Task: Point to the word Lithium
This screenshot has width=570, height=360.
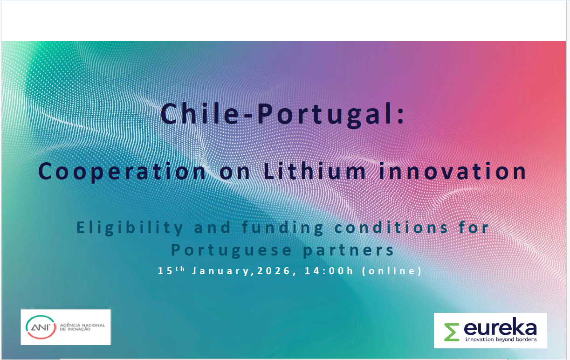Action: (315, 171)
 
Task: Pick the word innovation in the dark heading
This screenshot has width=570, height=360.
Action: (453, 171)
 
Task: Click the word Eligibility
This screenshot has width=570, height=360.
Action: (130, 228)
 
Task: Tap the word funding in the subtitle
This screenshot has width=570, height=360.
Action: (282, 228)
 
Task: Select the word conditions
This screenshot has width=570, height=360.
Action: (391, 227)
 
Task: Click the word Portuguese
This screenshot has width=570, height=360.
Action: (231, 250)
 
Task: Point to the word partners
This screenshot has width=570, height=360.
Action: (348, 250)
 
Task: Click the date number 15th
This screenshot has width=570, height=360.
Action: (171, 270)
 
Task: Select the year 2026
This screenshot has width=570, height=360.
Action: (273, 270)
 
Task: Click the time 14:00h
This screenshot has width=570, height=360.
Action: (329, 270)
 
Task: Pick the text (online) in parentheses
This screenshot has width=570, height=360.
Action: (392, 271)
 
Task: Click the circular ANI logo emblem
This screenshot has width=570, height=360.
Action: (41, 327)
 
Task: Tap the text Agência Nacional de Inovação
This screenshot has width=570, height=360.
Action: (82, 327)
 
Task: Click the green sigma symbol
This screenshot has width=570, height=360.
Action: (452, 332)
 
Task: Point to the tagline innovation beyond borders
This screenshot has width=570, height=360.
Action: (501, 339)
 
